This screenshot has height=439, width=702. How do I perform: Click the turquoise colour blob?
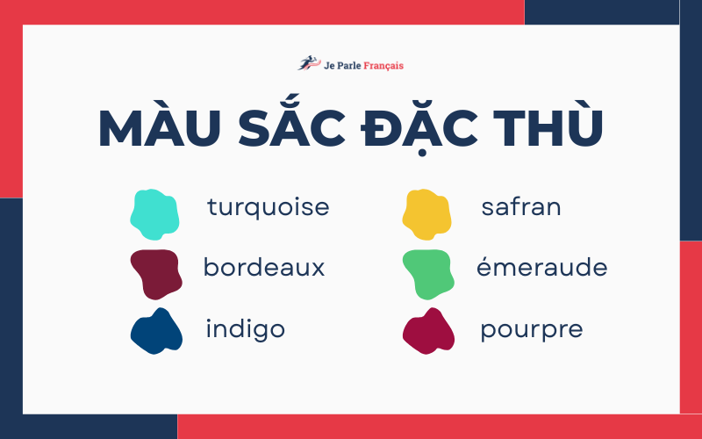pyautogui.click(x=154, y=213)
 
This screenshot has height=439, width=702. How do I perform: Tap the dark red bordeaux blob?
pyautogui.click(x=155, y=271)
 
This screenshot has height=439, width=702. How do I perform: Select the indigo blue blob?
pyautogui.click(x=155, y=331)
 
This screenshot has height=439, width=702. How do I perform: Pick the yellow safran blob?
pyautogui.click(x=427, y=213)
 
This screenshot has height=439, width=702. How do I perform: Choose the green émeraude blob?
pyautogui.click(x=427, y=272)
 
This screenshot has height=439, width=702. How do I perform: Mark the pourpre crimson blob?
pyautogui.click(x=428, y=331)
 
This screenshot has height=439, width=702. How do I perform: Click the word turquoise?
pyautogui.click(x=268, y=207)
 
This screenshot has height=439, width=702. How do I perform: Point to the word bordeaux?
pyautogui.click(x=264, y=267)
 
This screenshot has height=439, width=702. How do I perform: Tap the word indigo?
pyautogui.click(x=245, y=329)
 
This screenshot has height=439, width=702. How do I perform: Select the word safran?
pyautogui.click(x=521, y=207)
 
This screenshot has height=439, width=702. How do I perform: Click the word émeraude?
pyautogui.click(x=541, y=267)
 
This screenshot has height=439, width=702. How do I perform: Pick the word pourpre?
pyautogui.click(x=531, y=330)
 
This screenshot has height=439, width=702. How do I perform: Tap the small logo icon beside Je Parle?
pyautogui.click(x=308, y=63)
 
